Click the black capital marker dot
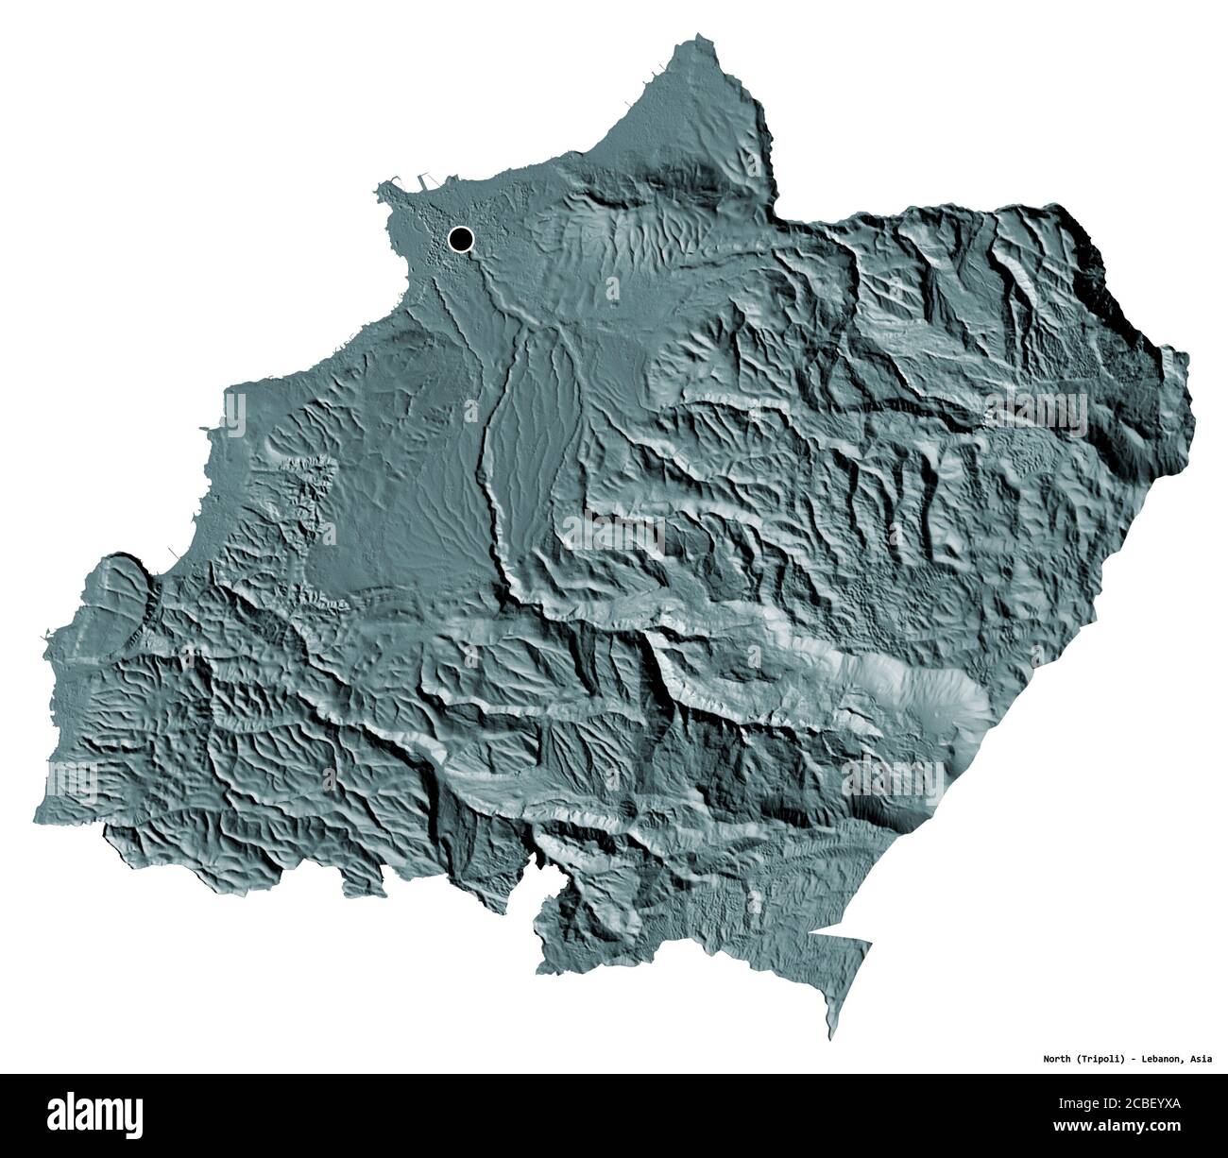461,239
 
